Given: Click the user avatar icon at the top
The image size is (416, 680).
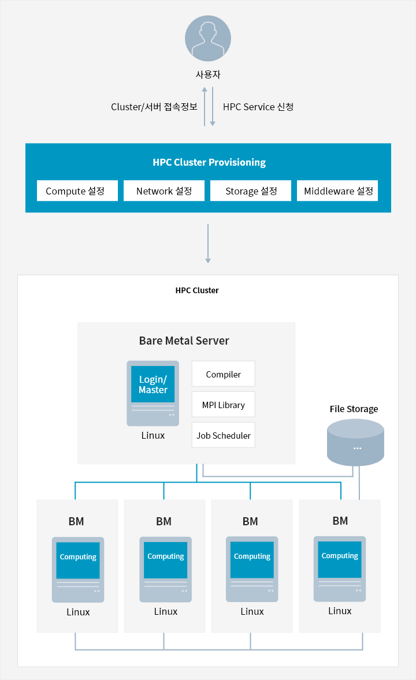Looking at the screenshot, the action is click(x=208, y=38).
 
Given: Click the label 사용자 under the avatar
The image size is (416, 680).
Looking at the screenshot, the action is click(x=208, y=74).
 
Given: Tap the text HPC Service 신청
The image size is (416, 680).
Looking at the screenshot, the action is click(x=258, y=107).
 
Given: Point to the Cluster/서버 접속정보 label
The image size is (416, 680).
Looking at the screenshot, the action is click(x=154, y=107).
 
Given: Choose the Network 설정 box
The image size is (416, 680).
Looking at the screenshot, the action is click(x=164, y=191).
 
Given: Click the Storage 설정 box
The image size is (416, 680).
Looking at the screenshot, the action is click(x=251, y=191).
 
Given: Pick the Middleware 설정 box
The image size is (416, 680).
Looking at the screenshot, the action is click(x=337, y=191).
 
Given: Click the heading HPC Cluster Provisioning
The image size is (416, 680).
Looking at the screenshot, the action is click(x=209, y=162).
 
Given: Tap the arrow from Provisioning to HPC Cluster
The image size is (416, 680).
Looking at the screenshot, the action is click(x=208, y=244).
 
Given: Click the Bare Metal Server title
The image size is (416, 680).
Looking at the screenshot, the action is click(x=184, y=341).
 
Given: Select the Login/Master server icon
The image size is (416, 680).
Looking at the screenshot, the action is click(x=153, y=393).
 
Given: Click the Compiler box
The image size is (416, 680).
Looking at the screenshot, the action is click(x=223, y=374).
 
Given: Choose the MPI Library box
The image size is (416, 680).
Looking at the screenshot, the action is click(x=223, y=405).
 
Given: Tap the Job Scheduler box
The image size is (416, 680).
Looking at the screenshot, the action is click(x=223, y=435).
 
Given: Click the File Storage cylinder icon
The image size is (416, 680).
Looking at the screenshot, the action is click(x=356, y=442).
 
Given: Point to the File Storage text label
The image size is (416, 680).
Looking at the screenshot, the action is click(x=354, y=409).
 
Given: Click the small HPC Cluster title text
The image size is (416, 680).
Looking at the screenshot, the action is click(x=197, y=290).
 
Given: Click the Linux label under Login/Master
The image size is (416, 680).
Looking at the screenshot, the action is click(x=153, y=435).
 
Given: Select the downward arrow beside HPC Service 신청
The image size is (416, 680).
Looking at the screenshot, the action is click(x=213, y=107).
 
